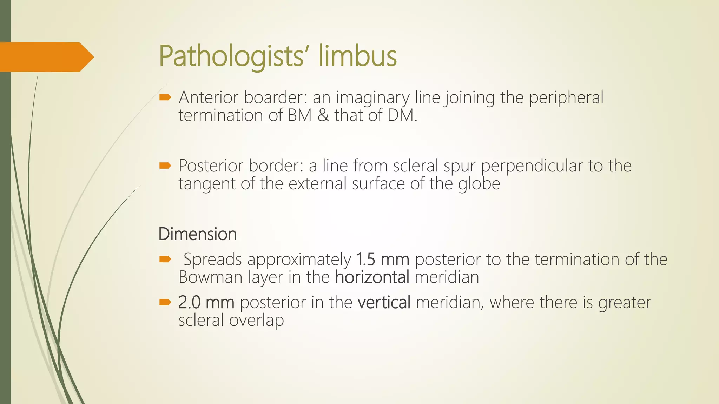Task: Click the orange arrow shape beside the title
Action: (46, 57)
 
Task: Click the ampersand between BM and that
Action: (323, 115)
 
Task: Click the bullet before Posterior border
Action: (165, 166)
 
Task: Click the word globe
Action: (479, 183)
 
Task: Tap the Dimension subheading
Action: (197, 234)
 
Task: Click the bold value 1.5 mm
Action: (382, 260)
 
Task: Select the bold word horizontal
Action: (372, 277)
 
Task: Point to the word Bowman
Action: (211, 277)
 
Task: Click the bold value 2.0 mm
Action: (206, 302)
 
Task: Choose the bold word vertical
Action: (384, 302)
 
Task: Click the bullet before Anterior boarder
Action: (165, 97)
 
